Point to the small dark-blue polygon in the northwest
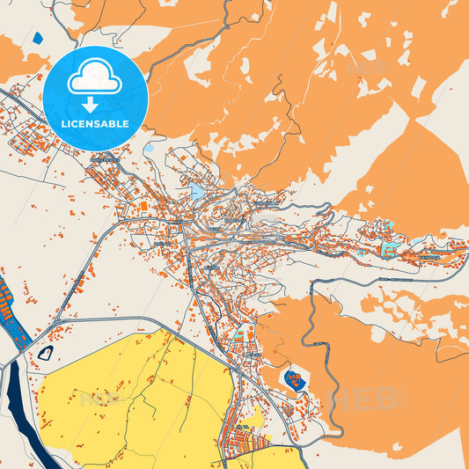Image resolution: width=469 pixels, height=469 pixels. [37, 38]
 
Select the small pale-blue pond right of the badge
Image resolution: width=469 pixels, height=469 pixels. [148, 148]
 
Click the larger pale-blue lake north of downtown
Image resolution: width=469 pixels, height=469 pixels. [197, 189]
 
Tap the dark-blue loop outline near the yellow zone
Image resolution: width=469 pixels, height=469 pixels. [46, 353]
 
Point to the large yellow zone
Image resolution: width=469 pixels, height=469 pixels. [132, 396]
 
